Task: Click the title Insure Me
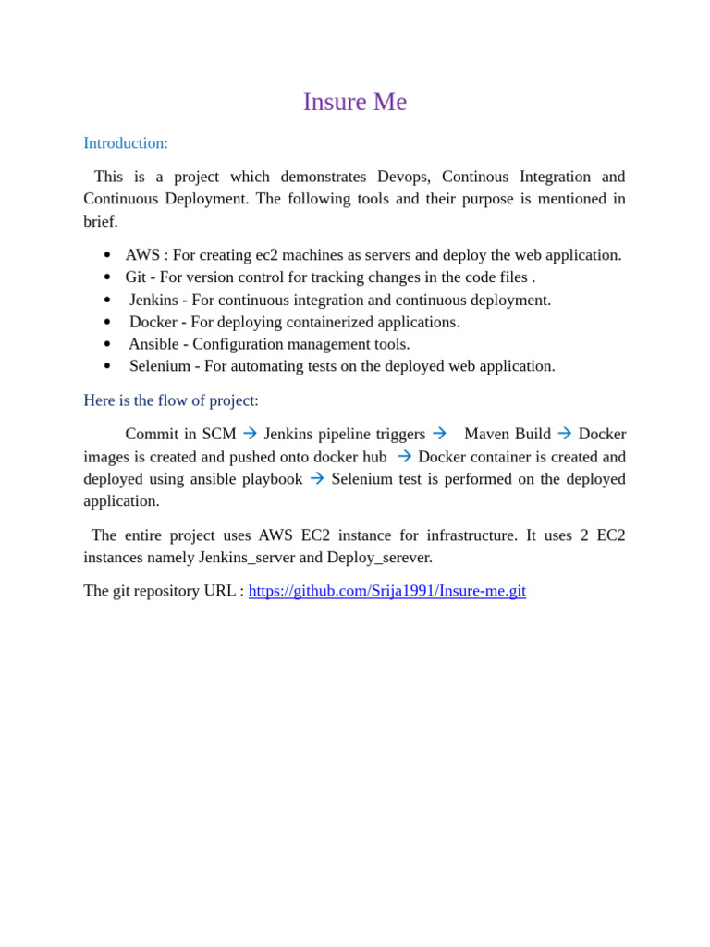pyautogui.click(x=355, y=102)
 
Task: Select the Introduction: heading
pyautogui.click(x=126, y=143)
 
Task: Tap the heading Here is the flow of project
pyautogui.click(x=171, y=400)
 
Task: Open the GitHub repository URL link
pyautogui.click(x=386, y=591)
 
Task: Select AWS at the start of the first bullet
pyautogui.click(x=142, y=255)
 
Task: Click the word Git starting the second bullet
pyautogui.click(x=135, y=277)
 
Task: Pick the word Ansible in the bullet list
pyautogui.click(x=153, y=344)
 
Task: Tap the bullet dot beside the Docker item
pyautogui.click(x=107, y=323)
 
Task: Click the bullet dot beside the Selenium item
pyautogui.click(x=107, y=367)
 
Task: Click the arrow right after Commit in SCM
pyautogui.click(x=250, y=434)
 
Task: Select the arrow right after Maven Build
pyautogui.click(x=564, y=434)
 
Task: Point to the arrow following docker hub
pyautogui.click(x=404, y=457)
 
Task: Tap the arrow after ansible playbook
pyautogui.click(x=317, y=479)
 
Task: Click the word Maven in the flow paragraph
pyautogui.click(x=486, y=435)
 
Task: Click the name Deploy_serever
pyautogui.click(x=380, y=558)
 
